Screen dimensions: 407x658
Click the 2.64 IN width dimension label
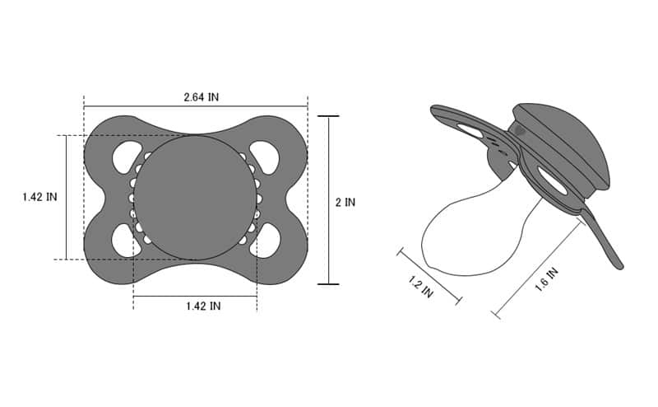pyautogui.click(x=201, y=96)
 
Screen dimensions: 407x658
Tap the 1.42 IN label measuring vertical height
pyautogui.click(x=39, y=198)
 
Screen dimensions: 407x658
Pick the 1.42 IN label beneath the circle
pyautogui.click(x=202, y=306)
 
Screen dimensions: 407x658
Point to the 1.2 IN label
pyautogui.click(x=420, y=288)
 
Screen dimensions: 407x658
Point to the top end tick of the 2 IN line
pyautogui.click(x=328, y=116)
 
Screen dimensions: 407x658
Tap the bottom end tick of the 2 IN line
pyautogui.click(x=328, y=284)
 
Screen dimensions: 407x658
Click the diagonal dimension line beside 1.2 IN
pyautogui.click(x=429, y=275)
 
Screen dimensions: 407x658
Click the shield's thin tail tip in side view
pyautogui.click(x=619, y=264)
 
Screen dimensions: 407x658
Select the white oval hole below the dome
pyautogui.click(x=552, y=181)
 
